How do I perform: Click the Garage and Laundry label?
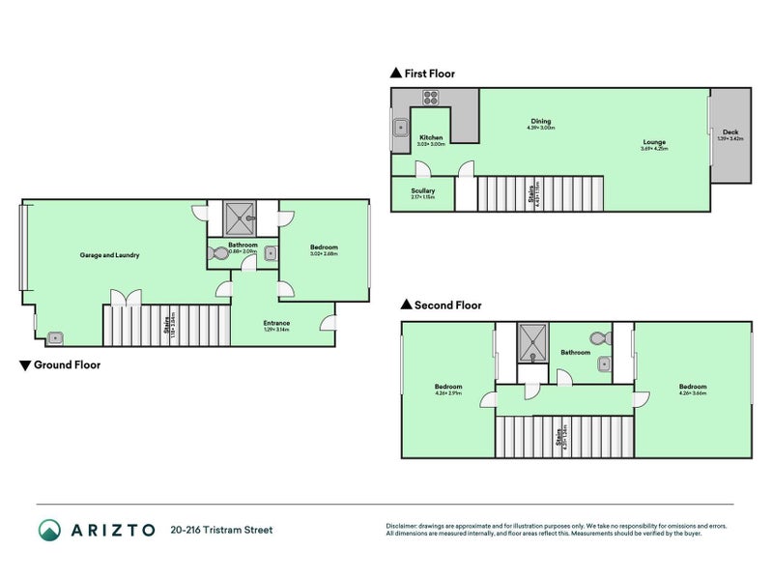click(x=109, y=255)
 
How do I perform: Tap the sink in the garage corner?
click(x=56, y=337)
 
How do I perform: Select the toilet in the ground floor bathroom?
click(x=218, y=254)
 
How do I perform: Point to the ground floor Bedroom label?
click(x=324, y=247)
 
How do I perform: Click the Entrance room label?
click(x=276, y=323)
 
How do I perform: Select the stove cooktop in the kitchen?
click(x=430, y=97)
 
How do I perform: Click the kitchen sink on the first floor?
click(x=399, y=126)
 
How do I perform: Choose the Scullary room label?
click(x=422, y=190)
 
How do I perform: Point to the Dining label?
click(x=540, y=121)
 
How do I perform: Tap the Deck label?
click(x=730, y=131)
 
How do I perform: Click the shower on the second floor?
click(x=531, y=338)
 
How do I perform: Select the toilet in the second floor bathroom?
click(x=599, y=338)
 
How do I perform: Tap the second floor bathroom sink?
click(x=604, y=363)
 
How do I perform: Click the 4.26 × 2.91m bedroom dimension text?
click(x=448, y=393)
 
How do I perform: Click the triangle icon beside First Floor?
click(x=394, y=73)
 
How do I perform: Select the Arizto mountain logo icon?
click(x=49, y=530)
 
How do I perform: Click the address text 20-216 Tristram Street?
click(x=221, y=530)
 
